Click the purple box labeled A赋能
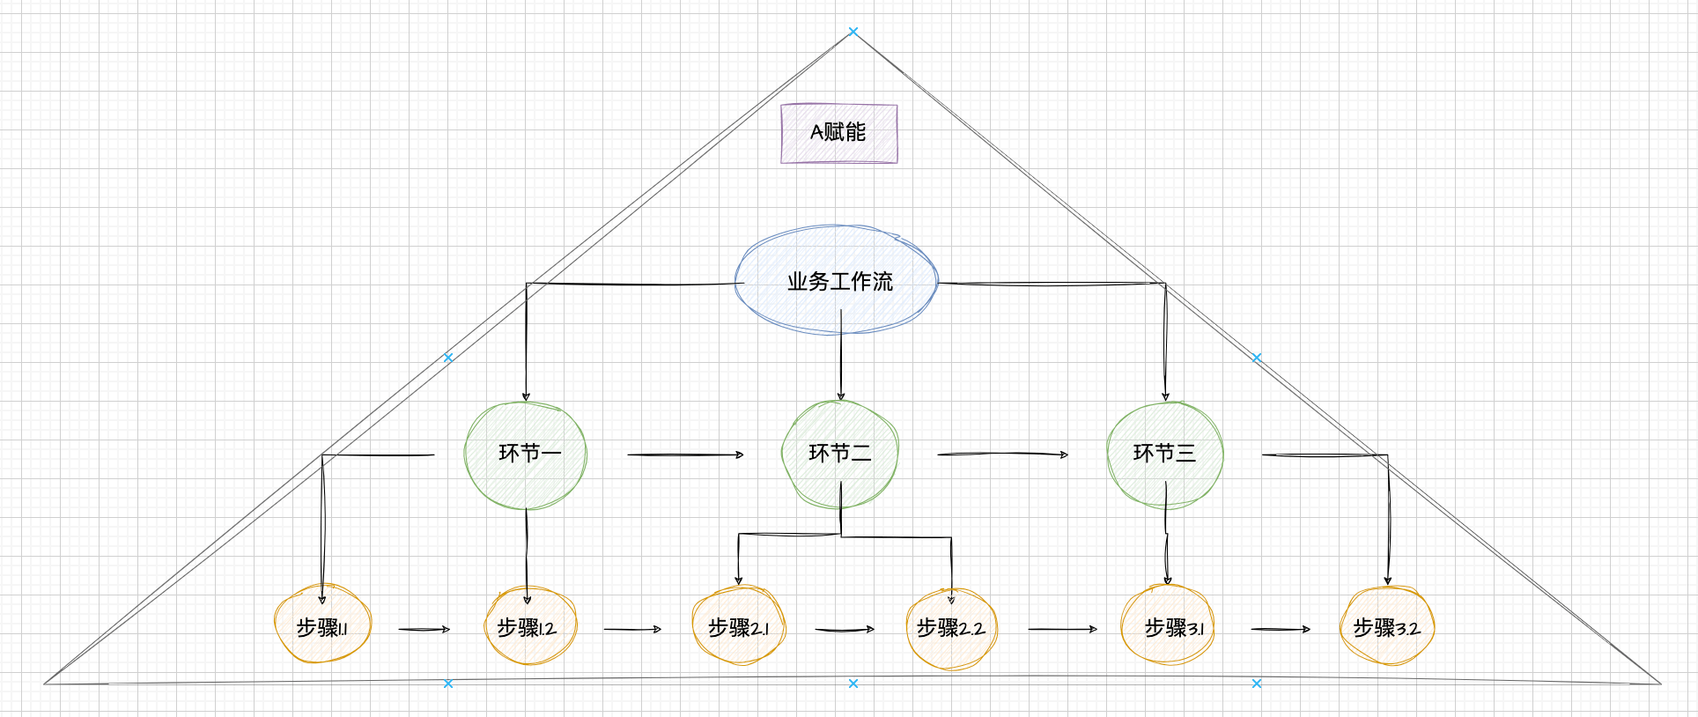[838, 133]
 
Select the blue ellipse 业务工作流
[837, 281]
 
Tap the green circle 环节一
[526, 455]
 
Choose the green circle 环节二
[839, 454]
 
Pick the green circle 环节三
[1164, 454]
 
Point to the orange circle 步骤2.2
[951, 628]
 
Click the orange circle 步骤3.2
[1387, 627]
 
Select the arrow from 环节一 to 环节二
[685, 455]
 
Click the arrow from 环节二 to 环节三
[1002, 455]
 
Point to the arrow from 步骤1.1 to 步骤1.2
[424, 629]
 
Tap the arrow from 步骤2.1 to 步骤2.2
[844, 629]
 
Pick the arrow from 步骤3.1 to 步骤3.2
[1281, 629]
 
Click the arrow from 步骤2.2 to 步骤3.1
[1062, 629]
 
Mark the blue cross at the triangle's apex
[853, 32]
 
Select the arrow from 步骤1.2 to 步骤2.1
[631, 629]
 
